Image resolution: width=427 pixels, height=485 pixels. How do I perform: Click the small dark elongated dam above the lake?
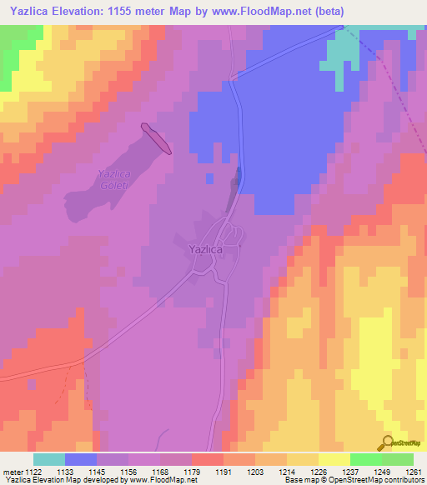pos(157,139)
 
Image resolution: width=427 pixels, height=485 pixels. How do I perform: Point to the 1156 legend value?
pos(113,472)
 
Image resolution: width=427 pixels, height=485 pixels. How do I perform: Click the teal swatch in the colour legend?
pos(49,459)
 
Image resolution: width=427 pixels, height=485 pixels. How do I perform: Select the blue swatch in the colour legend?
pos(81,459)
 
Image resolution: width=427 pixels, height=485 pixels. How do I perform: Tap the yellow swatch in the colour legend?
pos(334,459)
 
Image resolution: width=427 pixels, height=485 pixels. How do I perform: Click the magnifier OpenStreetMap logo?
pos(388,442)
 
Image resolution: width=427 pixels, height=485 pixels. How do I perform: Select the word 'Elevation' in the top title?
pos(83,11)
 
